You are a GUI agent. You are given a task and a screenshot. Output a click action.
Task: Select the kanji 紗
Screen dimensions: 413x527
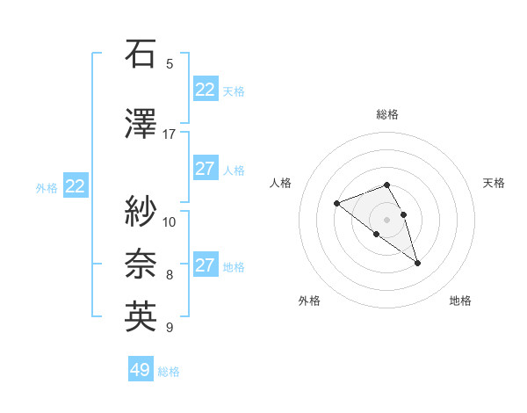tap(141, 210)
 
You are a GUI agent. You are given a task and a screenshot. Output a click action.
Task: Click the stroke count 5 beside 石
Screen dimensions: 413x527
tap(170, 64)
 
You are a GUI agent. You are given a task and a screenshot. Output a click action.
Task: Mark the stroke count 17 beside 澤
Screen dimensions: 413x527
tap(170, 134)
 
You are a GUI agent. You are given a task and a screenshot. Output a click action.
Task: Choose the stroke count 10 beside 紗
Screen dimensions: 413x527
tap(170, 221)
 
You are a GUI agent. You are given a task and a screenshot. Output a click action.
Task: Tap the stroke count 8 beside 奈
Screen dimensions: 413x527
tap(170, 275)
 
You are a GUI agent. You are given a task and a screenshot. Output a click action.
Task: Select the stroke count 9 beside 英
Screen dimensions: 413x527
tap(170, 329)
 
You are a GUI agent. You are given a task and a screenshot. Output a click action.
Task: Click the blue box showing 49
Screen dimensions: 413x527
tap(141, 370)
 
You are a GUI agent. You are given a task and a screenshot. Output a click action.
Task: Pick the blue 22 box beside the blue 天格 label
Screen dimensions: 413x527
tap(206, 90)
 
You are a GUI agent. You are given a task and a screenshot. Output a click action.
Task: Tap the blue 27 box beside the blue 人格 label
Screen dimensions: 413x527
tap(206, 169)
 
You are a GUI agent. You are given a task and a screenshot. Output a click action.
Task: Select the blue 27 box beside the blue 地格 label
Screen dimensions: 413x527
tap(206, 265)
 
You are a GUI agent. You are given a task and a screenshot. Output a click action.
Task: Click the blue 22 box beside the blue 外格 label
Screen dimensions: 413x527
tap(76, 186)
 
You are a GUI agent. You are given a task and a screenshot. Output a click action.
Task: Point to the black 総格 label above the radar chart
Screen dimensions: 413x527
tap(387, 114)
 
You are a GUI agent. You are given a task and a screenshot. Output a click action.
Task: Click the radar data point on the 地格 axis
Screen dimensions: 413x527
tap(417, 263)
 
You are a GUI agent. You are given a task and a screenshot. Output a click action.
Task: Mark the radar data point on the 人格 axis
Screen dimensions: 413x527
tap(336, 204)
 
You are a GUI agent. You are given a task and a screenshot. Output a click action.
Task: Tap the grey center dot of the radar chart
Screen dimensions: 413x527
tap(387, 219)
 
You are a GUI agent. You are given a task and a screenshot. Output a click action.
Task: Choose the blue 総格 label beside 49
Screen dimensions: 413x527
tap(170, 372)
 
